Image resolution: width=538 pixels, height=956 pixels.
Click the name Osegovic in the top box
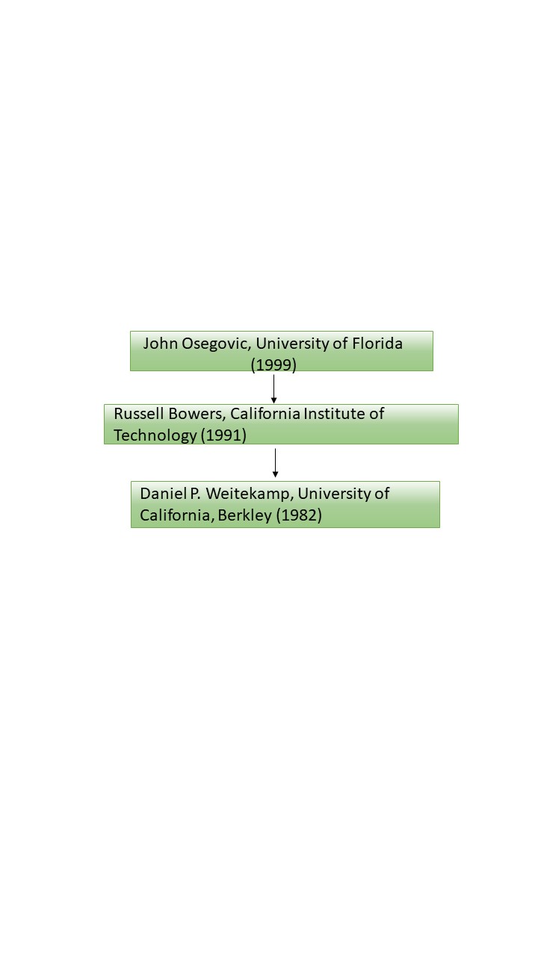tap(216, 344)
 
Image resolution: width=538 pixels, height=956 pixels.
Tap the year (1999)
tap(273, 365)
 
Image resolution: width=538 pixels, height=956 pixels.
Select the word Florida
tap(377, 343)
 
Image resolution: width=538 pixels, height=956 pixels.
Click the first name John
tap(160, 343)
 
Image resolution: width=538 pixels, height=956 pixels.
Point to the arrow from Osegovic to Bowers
tap(273, 389)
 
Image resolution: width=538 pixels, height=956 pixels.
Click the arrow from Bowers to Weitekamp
tap(275, 462)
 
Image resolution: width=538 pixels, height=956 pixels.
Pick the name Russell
tap(139, 413)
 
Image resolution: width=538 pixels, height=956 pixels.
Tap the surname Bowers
tap(197, 414)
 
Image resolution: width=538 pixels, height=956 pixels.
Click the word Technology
tap(155, 435)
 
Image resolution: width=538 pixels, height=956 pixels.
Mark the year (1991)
tap(223, 435)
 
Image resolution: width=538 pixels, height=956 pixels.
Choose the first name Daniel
tap(163, 494)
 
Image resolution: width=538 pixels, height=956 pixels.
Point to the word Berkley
tap(244, 515)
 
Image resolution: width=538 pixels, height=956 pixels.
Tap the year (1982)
tap(299, 515)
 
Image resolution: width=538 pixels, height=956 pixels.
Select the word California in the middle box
tap(265, 413)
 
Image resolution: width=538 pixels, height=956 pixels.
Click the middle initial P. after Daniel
tap(195, 494)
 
